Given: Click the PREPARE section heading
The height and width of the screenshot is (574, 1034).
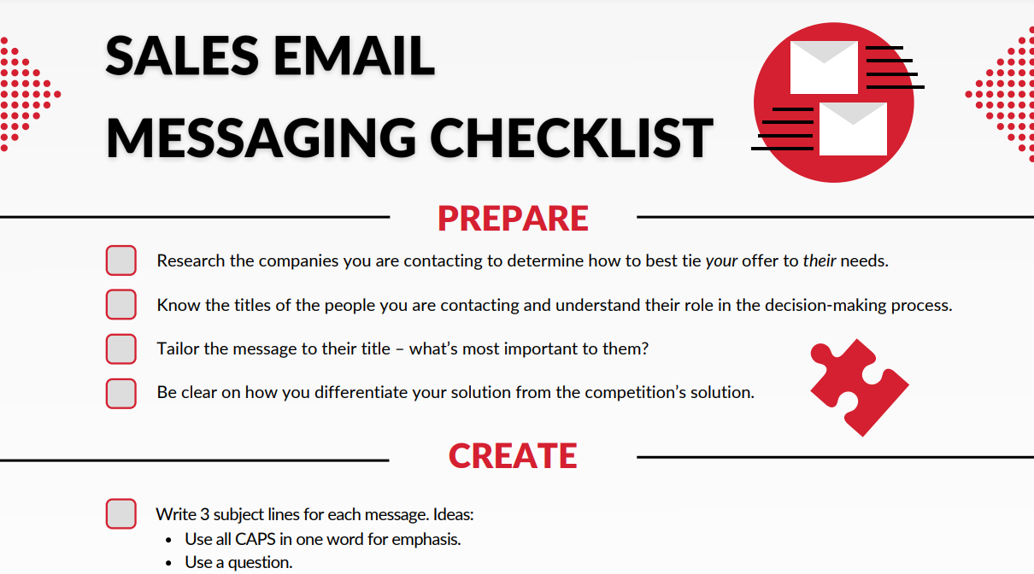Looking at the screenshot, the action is tap(513, 219).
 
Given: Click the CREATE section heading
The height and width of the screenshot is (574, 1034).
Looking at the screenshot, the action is tap(513, 456).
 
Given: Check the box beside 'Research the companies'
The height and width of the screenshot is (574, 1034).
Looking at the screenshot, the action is tap(121, 261).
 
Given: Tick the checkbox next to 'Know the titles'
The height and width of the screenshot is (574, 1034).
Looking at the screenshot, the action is tap(121, 305).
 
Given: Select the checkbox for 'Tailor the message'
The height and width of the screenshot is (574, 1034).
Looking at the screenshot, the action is tap(121, 348).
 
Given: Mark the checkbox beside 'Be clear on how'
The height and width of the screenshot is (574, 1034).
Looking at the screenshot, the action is tap(121, 394).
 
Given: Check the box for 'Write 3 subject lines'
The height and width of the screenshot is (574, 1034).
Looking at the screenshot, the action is tap(121, 513).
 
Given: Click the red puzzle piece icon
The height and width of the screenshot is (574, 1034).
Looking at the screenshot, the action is tap(859, 388).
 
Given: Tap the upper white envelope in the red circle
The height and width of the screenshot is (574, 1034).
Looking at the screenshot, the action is tap(824, 67).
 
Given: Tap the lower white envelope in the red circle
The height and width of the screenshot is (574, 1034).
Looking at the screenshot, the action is tap(853, 129).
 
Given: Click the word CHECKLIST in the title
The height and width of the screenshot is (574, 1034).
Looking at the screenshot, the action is tap(572, 138).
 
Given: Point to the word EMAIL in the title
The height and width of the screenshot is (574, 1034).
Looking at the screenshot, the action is tap(354, 56).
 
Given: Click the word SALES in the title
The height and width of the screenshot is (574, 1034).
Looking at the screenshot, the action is tap(182, 56).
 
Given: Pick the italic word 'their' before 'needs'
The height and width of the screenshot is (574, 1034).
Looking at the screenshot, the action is tap(820, 261).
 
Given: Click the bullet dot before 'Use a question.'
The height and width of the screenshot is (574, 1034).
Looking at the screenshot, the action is tap(168, 563).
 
